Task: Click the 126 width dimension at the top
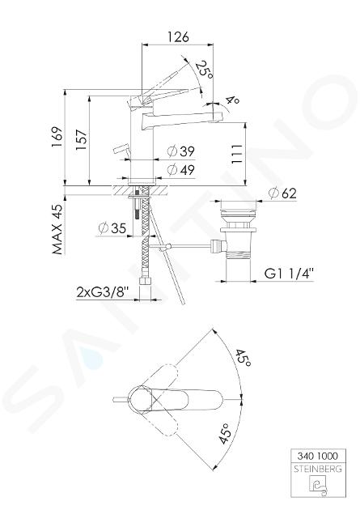pyautogui.click(x=178, y=36)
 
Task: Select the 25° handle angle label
pyautogui.click(x=205, y=70)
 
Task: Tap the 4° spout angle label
pyautogui.click(x=233, y=100)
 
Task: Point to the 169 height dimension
pyautogui.click(x=57, y=137)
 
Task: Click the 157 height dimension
pyautogui.click(x=81, y=140)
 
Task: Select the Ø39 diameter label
pyautogui.click(x=180, y=151)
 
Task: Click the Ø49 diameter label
pyautogui.click(x=180, y=169)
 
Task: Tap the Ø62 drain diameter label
pyautogui.click(x=282, y=193)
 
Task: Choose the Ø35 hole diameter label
pyautogui.click(x=112, y=228)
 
